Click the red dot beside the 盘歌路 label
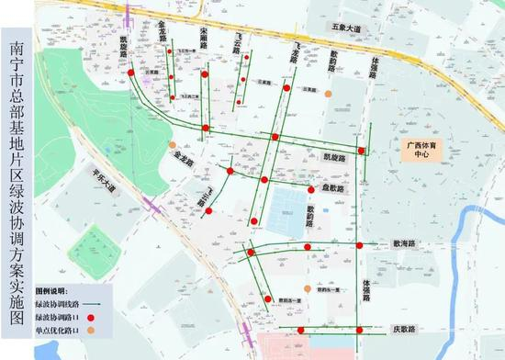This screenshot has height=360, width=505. click(x=311, y=188)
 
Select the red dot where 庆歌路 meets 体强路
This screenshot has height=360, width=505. click(x=361, y=328)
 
